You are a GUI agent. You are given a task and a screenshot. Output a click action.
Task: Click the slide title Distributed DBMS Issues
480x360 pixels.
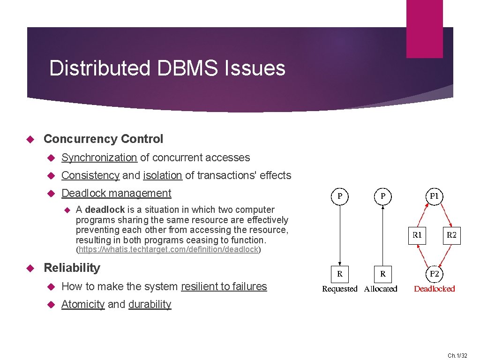click(167, 68)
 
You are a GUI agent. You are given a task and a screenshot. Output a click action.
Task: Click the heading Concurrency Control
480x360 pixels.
click(103, 139)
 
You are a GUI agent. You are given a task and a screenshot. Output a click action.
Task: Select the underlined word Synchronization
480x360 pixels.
click(99, 158)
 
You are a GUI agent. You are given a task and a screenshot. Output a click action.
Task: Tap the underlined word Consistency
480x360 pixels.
click(90, 176)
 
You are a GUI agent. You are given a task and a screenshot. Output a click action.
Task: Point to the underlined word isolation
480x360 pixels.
click(163, 176)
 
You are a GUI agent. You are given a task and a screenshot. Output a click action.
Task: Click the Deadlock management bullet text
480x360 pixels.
click(116, 193)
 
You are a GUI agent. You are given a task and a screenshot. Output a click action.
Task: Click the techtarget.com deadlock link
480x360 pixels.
click(168, 249)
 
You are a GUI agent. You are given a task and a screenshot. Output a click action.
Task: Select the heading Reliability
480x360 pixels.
click(72, 268)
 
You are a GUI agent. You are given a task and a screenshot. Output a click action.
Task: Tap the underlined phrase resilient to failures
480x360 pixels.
click(224, 286)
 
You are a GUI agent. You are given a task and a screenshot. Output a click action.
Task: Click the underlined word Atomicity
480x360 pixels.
click(83, 304)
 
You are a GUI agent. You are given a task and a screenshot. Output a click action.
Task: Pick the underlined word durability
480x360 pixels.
click(150, 304)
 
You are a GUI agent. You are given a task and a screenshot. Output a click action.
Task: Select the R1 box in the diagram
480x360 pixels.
click(417, 235)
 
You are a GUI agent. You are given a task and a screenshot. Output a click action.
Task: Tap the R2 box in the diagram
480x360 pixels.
click(451, 235)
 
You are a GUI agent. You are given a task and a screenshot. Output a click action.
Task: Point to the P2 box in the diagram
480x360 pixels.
click(435, 274)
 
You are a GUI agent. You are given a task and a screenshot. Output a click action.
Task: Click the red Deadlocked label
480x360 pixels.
click(434, 289)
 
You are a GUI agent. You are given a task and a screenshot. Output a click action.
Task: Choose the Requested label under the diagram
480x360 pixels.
click(339, 289)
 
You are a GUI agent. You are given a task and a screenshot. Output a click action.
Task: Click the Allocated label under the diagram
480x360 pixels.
click(381, 289)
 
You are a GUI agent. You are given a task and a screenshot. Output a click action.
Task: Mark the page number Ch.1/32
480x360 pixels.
click(457, 356)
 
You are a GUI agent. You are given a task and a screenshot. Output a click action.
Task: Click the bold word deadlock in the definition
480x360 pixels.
click(105, 210)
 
